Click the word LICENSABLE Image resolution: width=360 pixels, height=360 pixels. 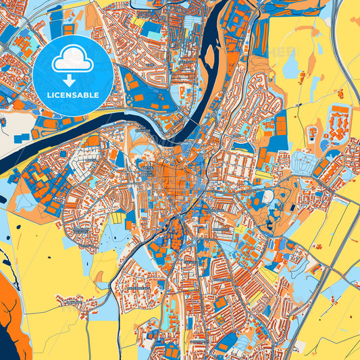[73, 94]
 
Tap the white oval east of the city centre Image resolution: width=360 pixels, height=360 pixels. [269, 196]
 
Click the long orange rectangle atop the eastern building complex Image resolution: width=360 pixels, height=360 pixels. [341, 109]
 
